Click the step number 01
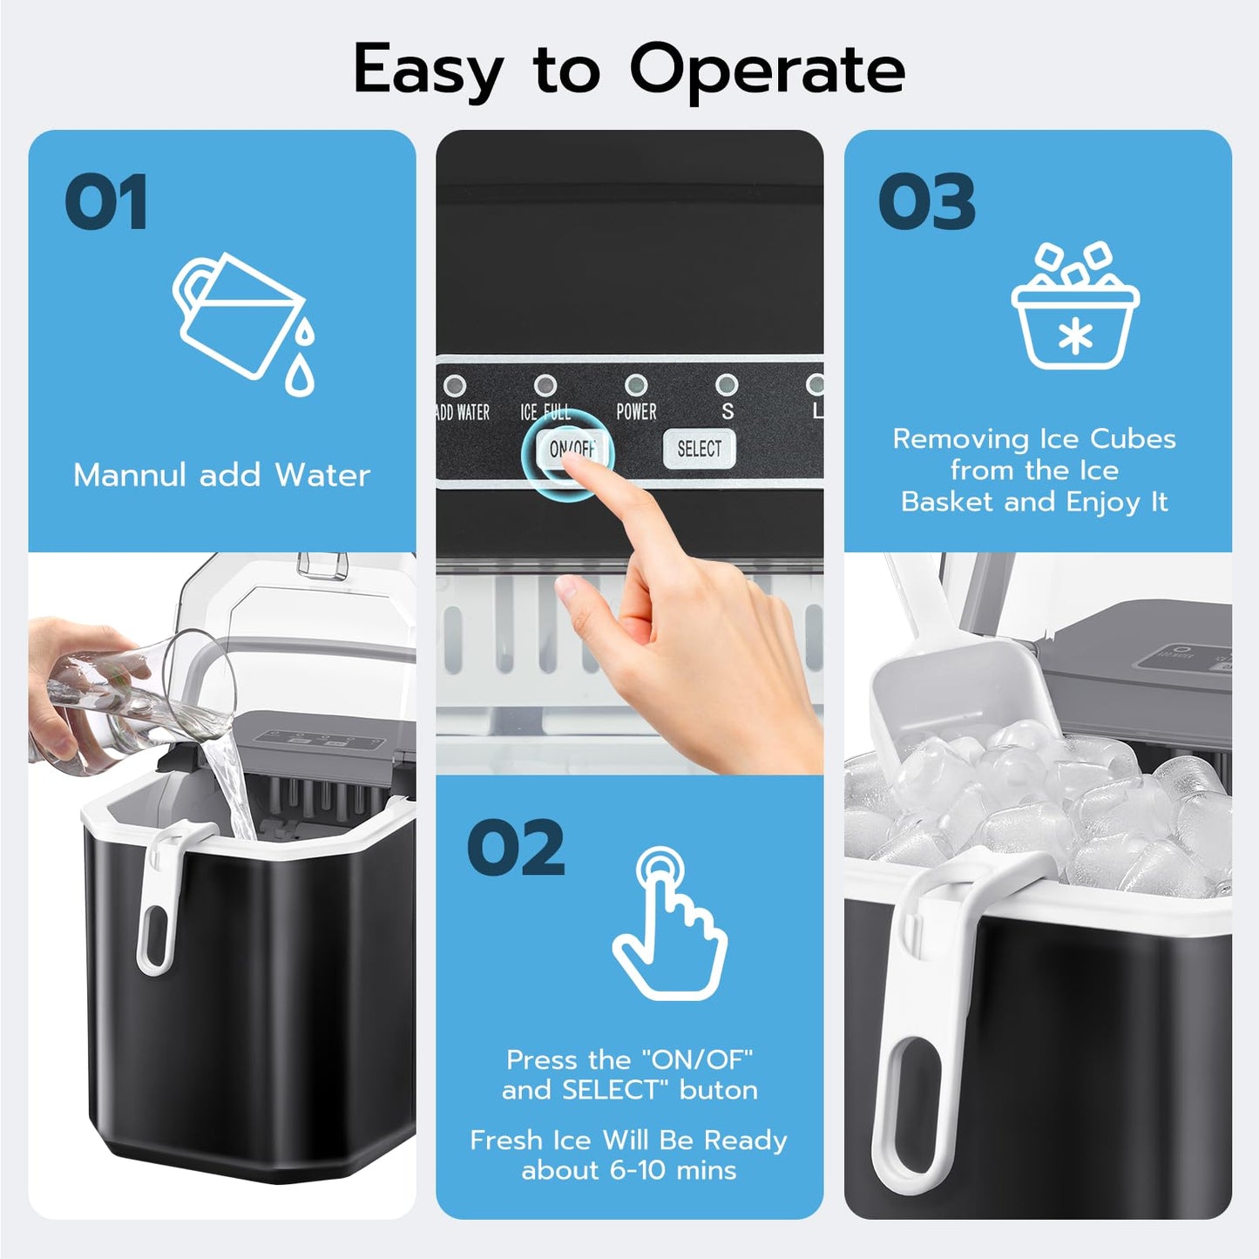(105, 202)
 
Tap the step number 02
(515, 848)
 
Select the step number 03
(926, 202)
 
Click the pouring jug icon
(243, 322)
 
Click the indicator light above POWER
(636, 384)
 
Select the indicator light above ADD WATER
(454, 384)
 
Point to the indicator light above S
(726, 384)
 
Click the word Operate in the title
(767, 70)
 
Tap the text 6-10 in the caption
(638, 1169)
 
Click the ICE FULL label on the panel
(545, 412)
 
